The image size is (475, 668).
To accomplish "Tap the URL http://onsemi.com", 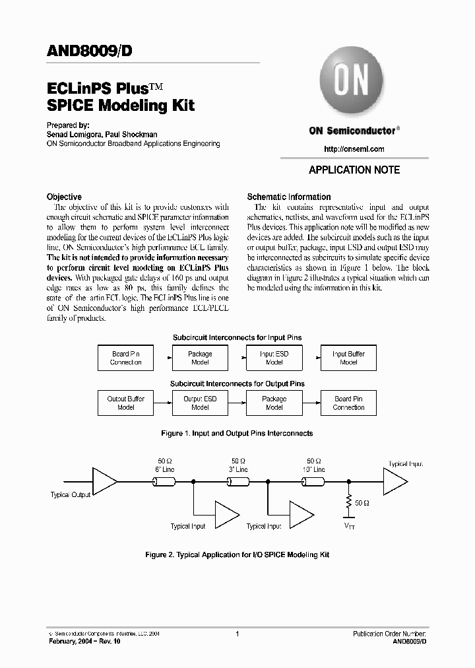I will (354, 149).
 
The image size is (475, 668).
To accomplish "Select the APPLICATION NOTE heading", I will (354, 170).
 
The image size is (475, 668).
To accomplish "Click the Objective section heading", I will (64, 197).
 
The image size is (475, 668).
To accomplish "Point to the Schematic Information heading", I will (288, 197).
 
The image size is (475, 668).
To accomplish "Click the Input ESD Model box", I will (274, 358).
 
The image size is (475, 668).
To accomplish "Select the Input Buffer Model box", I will (348, 358).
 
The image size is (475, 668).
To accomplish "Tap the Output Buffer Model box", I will (125, 403).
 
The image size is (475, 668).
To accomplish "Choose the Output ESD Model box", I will (200, 403).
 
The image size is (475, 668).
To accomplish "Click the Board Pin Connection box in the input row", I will (125, 358).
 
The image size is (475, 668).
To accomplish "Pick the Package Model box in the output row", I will (274, 403).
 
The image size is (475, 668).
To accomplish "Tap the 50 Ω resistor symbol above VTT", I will (347, 503).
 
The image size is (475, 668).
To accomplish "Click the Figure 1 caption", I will (237, 433).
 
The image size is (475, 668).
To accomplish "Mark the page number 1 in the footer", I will (236, 634).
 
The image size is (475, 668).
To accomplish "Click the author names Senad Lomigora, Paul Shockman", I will (102, 134).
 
